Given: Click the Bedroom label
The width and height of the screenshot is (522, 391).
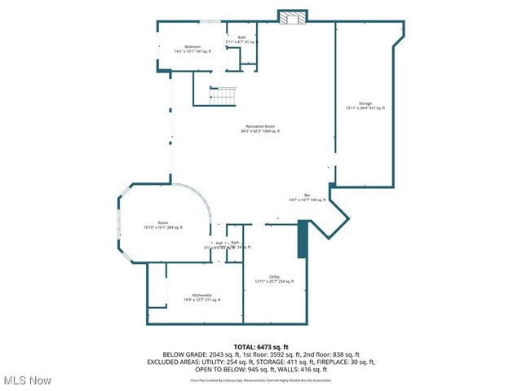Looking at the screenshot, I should click(192, 46).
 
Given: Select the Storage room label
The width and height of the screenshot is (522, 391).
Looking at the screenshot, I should click(365, 103).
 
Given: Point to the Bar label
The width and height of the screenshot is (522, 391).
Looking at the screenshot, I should click(307, 195).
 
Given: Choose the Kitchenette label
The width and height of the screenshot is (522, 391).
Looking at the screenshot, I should click(202, 295).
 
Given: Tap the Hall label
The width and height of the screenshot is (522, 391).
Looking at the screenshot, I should click(219, 243).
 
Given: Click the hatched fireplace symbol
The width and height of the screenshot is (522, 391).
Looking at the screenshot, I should click(293, 17).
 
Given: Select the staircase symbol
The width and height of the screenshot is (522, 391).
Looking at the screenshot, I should click(223, 96).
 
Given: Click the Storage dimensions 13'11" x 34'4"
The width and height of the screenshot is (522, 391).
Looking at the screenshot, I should click(365, 108).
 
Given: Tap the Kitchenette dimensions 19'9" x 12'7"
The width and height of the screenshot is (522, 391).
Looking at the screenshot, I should click(202, 300).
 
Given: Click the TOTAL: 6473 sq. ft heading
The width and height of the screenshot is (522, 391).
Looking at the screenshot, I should click(261, 347).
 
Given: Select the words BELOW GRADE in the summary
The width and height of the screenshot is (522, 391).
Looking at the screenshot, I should click(182, 354).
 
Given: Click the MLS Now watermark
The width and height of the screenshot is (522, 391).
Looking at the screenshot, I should click(28, 380).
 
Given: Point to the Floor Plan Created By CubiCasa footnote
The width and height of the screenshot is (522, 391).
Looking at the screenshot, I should click(261, 380).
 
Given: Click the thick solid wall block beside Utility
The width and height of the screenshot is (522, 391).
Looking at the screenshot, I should click(301, 239).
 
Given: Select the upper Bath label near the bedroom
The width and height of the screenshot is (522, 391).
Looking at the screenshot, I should click(241, 37).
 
